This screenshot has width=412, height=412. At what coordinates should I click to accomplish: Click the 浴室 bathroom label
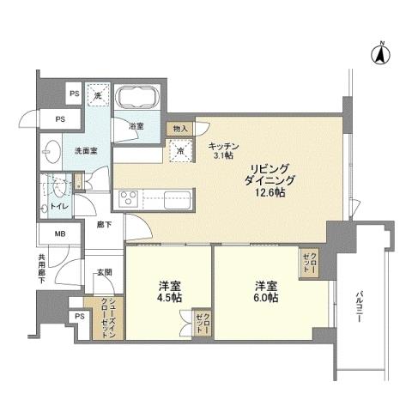click(136, 126)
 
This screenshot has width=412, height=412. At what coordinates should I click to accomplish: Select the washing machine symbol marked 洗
click(99, 95)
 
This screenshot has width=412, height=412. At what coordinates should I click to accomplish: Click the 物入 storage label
click(180, 129)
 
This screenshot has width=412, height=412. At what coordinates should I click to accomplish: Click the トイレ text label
click(58, 207)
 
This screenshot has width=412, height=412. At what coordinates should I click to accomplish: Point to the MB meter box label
click(59, 233)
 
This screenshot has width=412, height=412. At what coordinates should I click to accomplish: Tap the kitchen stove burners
click(129, 199)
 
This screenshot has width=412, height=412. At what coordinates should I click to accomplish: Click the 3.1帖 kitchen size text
click(222, 154)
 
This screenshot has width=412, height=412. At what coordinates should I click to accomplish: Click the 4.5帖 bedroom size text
click(168, 298)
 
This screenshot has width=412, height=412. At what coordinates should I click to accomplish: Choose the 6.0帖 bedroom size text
click(264, 298)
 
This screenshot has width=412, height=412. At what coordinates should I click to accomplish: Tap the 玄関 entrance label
click(104, 272)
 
